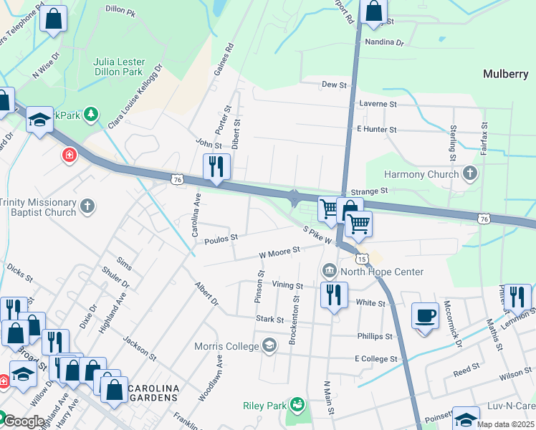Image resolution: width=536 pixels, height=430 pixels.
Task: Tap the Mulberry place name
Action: click(505, 74)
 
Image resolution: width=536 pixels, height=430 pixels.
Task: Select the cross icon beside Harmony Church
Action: click(470, 173)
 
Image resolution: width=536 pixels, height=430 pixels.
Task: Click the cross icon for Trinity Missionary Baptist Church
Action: click(87, 207)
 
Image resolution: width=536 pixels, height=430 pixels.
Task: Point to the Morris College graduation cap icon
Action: click(269, 346)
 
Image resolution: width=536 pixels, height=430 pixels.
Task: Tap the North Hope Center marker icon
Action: click(330, 271)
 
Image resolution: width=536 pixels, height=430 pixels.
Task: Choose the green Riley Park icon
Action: click(296, 406)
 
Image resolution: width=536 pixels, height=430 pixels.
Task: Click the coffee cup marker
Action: click(426, 316)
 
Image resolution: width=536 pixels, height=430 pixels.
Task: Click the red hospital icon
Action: click(69, 155)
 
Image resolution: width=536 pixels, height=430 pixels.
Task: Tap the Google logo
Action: click(24, 421)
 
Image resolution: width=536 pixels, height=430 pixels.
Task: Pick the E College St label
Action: click(375, 358)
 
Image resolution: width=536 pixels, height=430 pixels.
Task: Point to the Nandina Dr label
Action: click(384, 42)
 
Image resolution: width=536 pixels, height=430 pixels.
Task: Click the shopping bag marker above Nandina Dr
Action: click(374, 11)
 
